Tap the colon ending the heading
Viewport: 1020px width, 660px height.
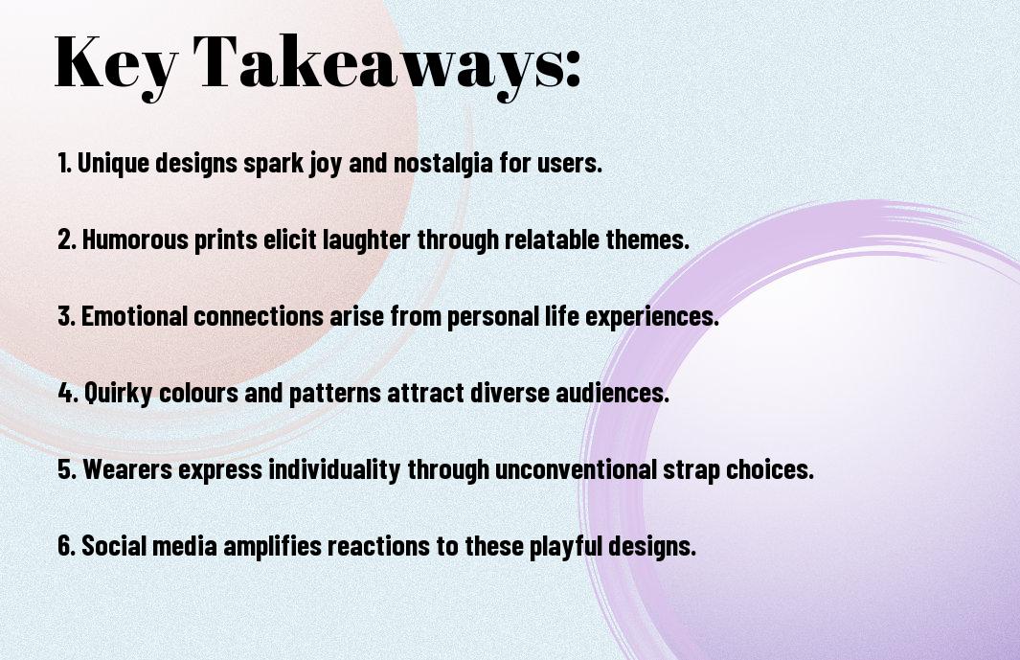[573, 69]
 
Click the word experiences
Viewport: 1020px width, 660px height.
[652, 316]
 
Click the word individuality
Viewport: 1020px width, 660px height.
[334, 469]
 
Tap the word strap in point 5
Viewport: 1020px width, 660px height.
[691, 470]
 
